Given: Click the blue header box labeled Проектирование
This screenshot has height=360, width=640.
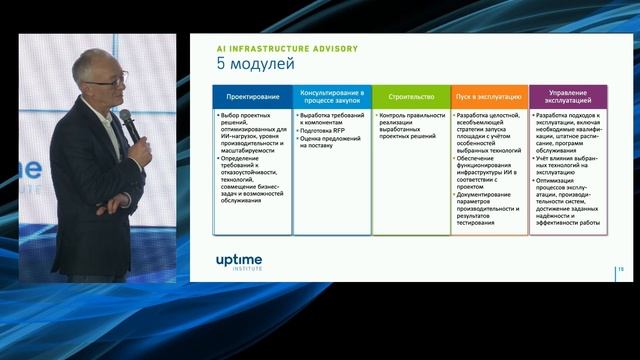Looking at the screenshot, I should click(x=252, y=97).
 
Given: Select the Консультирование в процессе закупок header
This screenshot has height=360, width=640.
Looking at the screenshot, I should click(x=331, y=97).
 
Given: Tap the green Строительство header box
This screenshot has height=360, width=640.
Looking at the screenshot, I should click(x=410, y=97).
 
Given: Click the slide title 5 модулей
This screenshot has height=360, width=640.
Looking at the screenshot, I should click(x=256, y=65).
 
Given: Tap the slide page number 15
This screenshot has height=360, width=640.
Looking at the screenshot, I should click(x=620, y=270).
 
